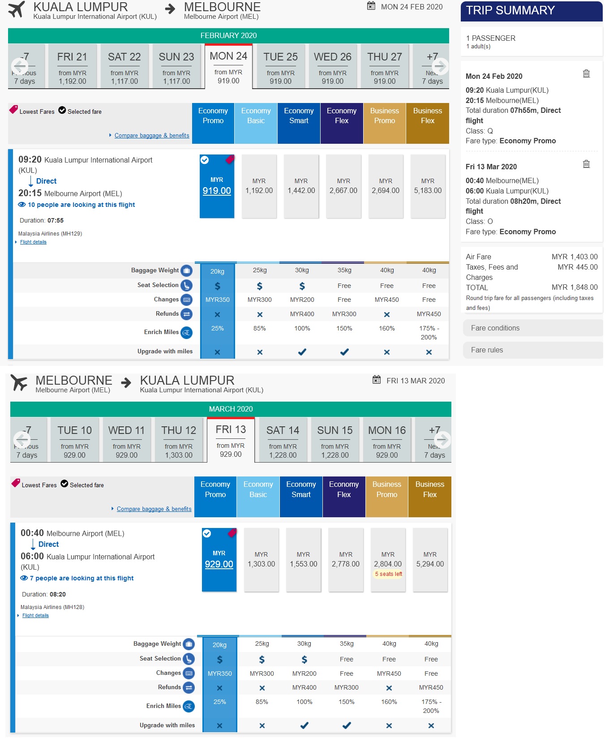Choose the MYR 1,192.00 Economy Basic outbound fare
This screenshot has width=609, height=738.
click(259, 186)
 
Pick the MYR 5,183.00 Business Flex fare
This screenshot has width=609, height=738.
click(428, 186)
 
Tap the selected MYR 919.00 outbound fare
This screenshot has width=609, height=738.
click(217, 186)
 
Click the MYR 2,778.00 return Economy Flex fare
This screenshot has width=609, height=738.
click(345, 560)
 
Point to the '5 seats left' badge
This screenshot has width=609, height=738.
click(388, 574)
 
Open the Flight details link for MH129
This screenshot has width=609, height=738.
click(33, 242)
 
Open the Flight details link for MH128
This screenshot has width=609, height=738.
click(35, 616)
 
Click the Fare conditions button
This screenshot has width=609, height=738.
click(532, 328)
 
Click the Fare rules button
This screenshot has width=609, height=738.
click(532, 350)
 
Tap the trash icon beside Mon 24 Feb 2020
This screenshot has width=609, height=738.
click(586, 73)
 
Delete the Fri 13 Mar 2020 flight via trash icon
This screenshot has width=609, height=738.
click(586, 164)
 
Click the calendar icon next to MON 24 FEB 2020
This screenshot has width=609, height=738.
click(371, 6)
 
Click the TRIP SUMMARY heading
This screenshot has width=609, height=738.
click(510, 10)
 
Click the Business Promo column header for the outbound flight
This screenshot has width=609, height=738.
click(384, 116)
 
